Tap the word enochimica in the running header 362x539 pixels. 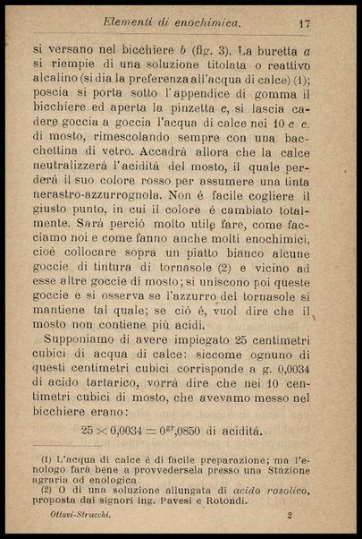click(201, 21)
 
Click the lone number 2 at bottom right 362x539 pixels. click(291, 516)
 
